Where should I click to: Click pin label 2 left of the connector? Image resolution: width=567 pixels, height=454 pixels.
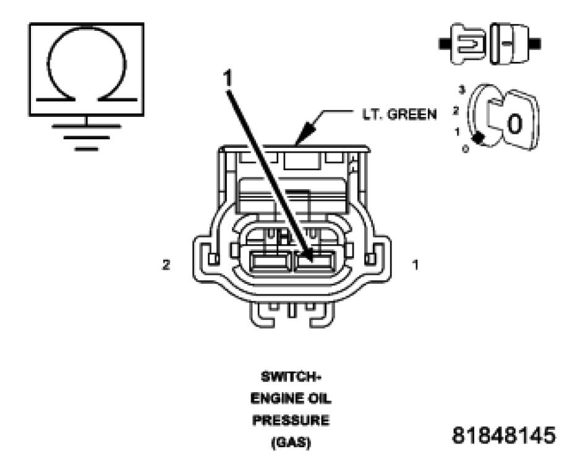[166, 265]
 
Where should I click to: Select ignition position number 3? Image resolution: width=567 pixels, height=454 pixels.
[461, 90]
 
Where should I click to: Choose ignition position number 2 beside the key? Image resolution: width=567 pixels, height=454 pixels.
[456, 111]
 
